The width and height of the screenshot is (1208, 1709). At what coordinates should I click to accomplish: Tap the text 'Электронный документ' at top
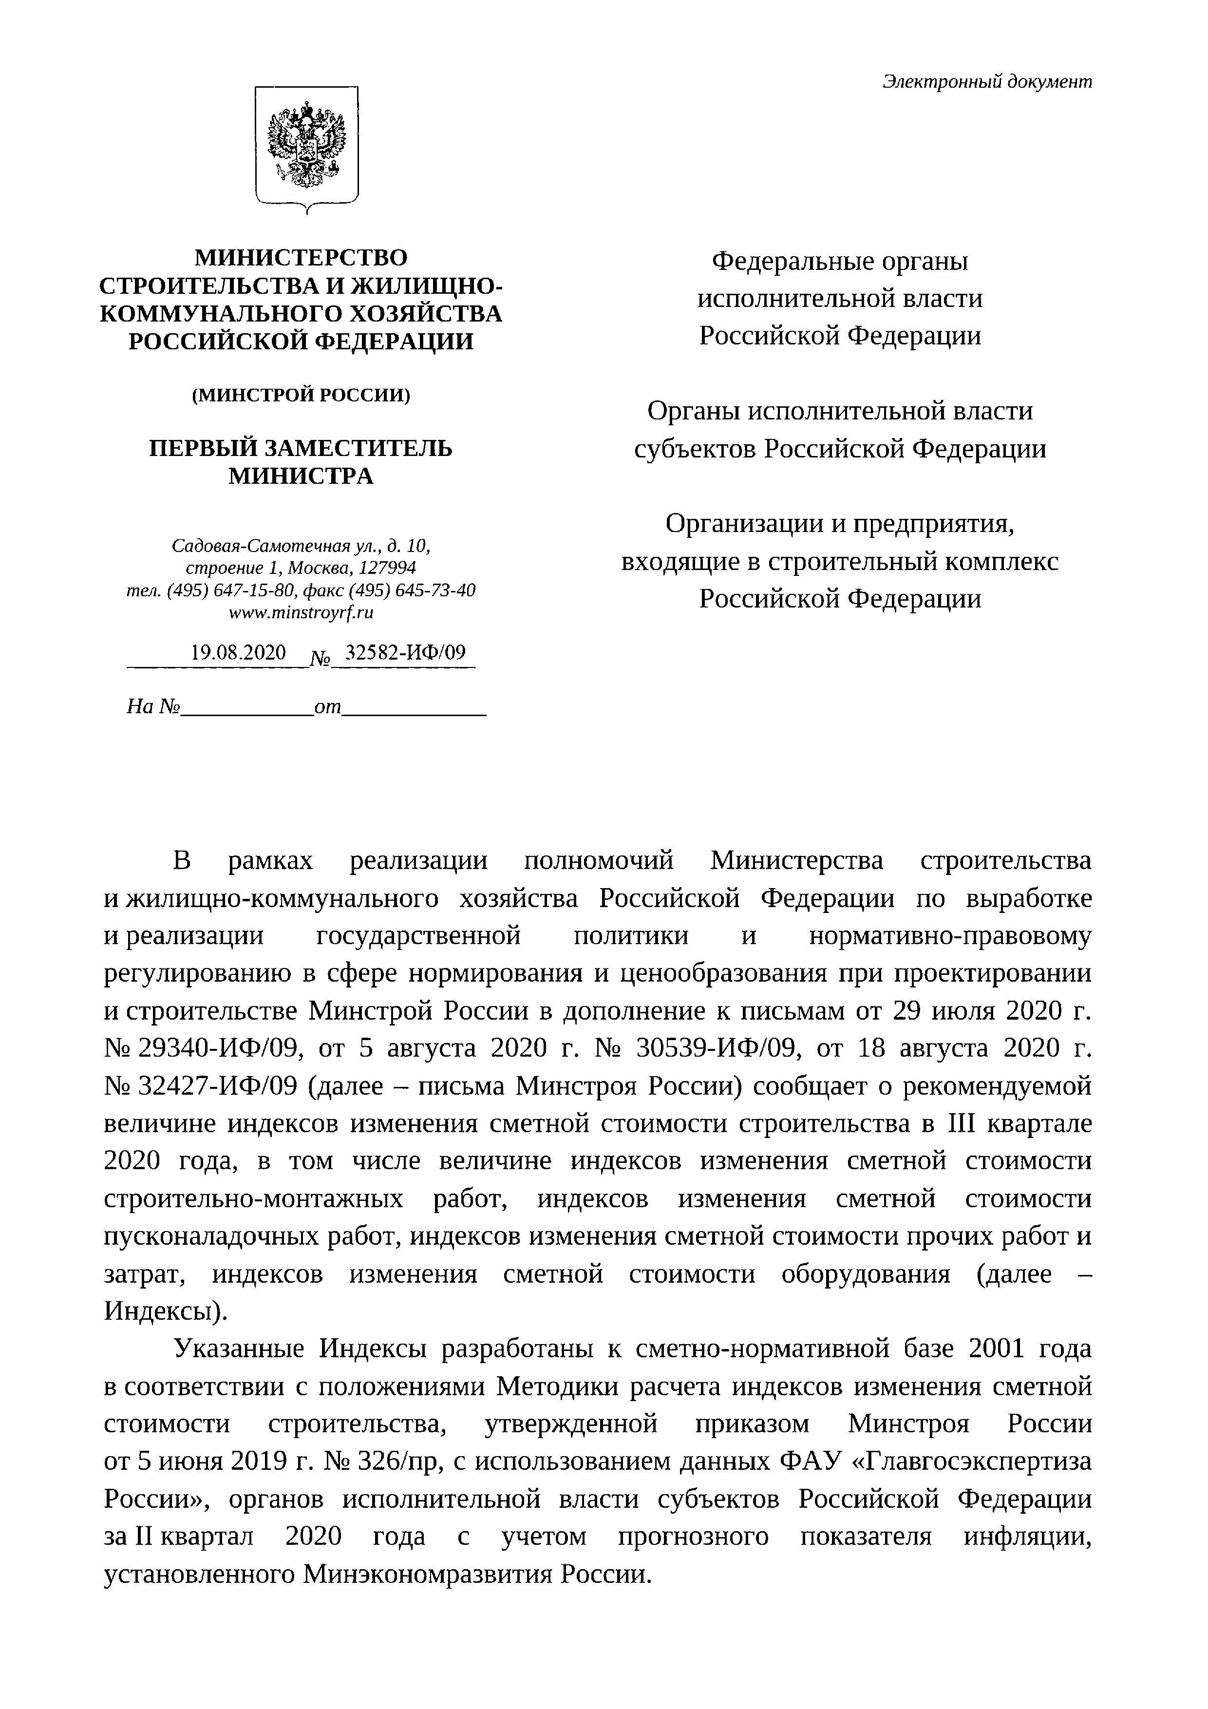coord(987,82)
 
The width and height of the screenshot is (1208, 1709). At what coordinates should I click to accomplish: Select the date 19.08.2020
coord(238,653)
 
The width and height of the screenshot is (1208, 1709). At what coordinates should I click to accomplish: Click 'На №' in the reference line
coord(154,706)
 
